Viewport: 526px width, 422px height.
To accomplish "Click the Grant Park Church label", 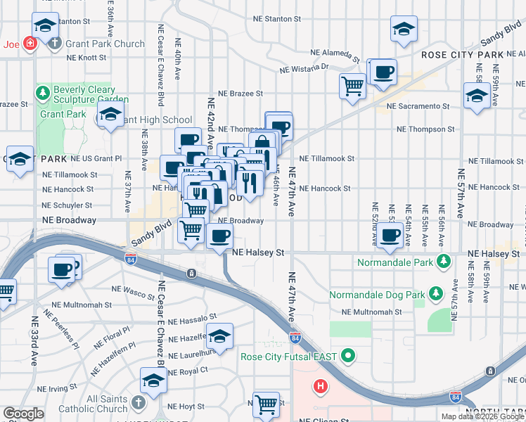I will coord(105,44).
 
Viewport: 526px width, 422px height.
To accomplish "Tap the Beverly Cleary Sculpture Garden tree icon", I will coord(43,91).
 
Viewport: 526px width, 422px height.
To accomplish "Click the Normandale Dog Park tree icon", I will coord(436,291).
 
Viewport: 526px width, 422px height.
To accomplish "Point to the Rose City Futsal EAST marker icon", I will coord(347,356).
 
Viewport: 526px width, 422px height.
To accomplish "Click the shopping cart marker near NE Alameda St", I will coord(352,87).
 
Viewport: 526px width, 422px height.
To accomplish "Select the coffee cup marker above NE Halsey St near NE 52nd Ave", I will coord(390,236).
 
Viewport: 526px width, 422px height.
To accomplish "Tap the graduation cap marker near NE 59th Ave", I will coord(476,96).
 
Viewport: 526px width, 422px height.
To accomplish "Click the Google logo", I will coord(23,414).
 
